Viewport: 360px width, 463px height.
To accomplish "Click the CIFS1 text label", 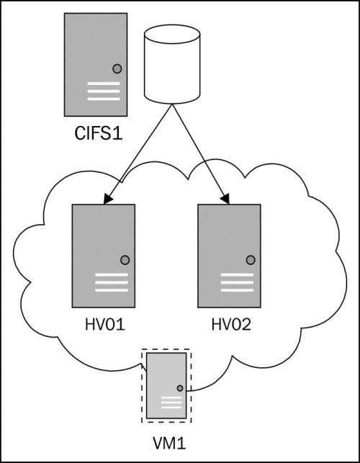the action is point(99,133).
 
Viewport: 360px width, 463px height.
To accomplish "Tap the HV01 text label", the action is point(105,325).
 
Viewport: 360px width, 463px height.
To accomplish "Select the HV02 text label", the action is point(231,325).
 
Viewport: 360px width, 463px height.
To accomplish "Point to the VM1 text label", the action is point(169,444).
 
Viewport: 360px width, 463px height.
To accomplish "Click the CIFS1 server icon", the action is point(96,64).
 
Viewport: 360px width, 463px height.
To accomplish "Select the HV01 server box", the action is point(104,256).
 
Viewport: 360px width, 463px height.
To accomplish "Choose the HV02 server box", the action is point(229,256).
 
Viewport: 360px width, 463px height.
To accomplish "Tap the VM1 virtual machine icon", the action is point(166,385).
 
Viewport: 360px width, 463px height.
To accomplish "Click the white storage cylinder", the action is point(172,64).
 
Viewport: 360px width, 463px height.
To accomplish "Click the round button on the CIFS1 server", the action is point(117,69).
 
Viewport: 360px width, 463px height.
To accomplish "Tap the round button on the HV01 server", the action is point(125,260).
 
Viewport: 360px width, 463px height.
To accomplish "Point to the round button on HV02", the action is point(251,260).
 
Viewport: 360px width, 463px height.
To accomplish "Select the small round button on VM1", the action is point(180,388).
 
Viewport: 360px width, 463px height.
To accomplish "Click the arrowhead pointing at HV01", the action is point(108,199).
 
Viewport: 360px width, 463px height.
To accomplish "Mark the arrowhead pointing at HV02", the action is point(225,199).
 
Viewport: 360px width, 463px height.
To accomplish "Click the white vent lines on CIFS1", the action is point(104,91).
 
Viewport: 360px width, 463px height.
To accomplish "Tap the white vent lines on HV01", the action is point(112,282).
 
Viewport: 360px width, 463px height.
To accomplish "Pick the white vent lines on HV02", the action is point(237,282).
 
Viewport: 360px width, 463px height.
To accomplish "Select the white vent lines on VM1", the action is point(171,403).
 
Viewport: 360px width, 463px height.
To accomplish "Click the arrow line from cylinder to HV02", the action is point(201,154).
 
